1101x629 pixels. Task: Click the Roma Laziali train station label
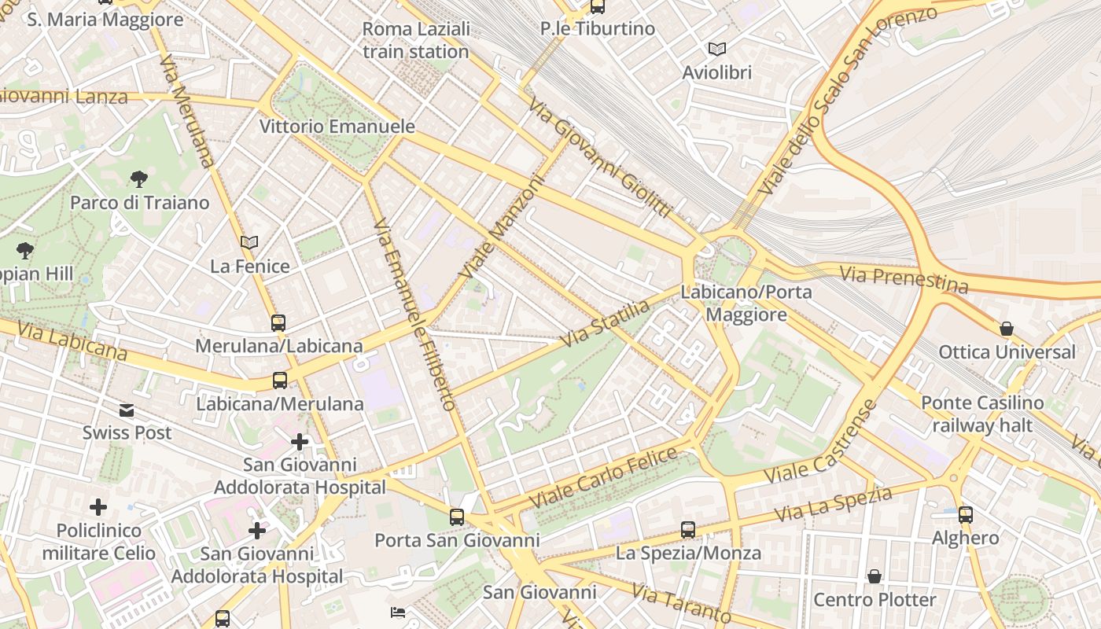pyautogui.click(x=416, y=41)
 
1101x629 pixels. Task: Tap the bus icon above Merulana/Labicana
pyautogui.click(x=278, y=322)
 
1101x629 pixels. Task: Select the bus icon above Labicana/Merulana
pyautogui.click(x=280, y=381)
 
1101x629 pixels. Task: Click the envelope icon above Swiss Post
pyautogui.click(x=127, y=410)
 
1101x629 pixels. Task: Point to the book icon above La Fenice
pyautogui.click(x=249, y=243)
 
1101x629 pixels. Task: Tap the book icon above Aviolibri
pyautogui.click(x=716, y=49)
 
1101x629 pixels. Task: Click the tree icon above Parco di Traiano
pyautogui.click(x=139, y=178)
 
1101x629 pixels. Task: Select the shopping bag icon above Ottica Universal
pyautogui.click(x=1007, y=328)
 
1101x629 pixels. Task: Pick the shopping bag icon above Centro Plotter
pyautogui.click(x=875, y=576)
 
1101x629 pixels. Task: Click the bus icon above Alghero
pyautogui.click(x=966, y=515)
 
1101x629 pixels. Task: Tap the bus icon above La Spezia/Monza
pyautogui.click(x=688, y=529)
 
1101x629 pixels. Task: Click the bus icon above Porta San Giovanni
pyautogui.click(x=457, y=517)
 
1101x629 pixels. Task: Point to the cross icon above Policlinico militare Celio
pyautogui.click(x=98, y=507)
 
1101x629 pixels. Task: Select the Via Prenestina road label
pyautogui.click(x=904, y=279)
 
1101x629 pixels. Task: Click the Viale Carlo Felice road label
pyautogui.click(x=603, y=477)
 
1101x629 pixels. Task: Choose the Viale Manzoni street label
pyautogui.click(x=503, y=226)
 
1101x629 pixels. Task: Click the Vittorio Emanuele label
pyautogui.click(x=337, y=126)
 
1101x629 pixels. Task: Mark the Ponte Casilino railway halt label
pyautogui.click(x=982, y=414)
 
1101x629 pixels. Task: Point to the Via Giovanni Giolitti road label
pyautogui.click(x=599, y=158)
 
